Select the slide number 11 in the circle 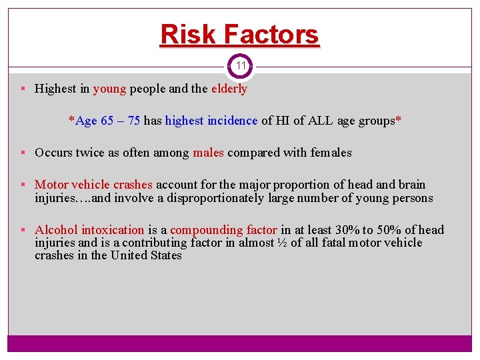coord(241,66)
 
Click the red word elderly coord(229,89)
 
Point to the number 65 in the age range coord(107,121)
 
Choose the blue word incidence coord(232,121)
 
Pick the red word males coord(208,153)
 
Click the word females coord(331,153)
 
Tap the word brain coord(411,185)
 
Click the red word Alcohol coord(56,230)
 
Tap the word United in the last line coord(132,255)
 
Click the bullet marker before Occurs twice coord(23,153)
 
